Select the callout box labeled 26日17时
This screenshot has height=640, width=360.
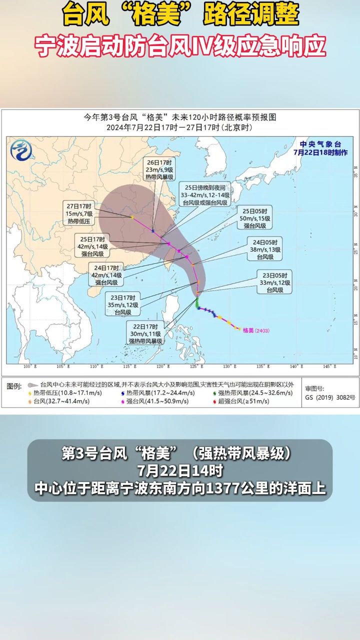160,169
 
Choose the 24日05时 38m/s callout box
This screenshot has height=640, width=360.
264,249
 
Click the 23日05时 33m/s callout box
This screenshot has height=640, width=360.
273,282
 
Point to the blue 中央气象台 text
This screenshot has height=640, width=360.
320,143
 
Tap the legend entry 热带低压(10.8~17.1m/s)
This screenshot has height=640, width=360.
59,393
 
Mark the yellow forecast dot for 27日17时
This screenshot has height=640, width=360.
131,217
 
